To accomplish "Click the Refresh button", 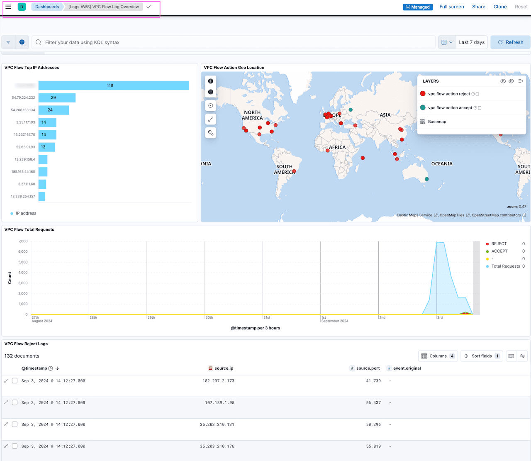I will pos(510,42).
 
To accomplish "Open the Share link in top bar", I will pos(478,7).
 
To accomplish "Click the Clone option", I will pos(500,7).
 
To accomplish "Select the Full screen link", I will pos(451,7).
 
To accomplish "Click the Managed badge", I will pos(417,7).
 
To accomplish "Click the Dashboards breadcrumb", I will pos(47,7).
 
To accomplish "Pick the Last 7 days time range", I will pos(471,42).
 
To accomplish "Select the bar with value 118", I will pos(114,85).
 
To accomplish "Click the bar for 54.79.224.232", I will pos(57,98).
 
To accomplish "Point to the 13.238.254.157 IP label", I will pos(23,196).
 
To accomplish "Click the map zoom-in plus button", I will pos(211,81).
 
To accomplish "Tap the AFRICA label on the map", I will pos(337,147).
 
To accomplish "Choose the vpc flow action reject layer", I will pos(449,94).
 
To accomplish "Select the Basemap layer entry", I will pos(437,122).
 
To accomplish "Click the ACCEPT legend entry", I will pos(499,251).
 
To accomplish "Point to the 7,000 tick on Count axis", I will pos(23,241).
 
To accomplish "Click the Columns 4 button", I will pos(438,356).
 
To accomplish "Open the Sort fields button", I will pos(481,356).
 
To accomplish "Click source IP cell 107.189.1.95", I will pos(219,402).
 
